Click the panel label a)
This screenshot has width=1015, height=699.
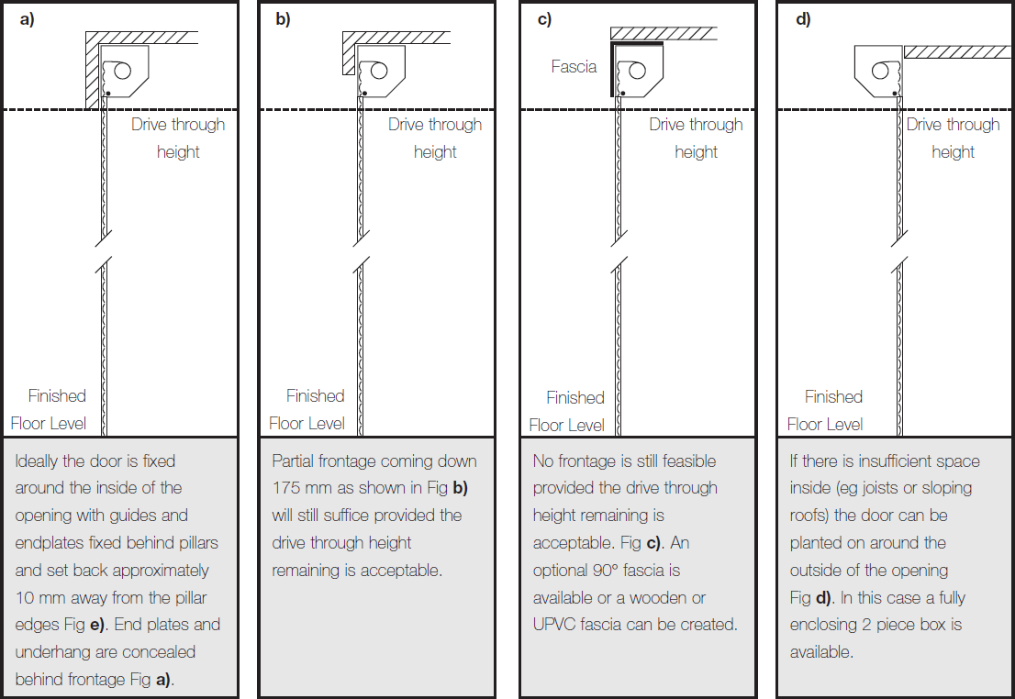[x=27, y=19]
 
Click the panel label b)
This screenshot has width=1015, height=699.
[x=283, y=19]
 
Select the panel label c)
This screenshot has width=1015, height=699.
[x=544, y=19]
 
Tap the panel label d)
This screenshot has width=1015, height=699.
[x=803, y=19]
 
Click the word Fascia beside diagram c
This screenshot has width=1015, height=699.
[x=574, y=67]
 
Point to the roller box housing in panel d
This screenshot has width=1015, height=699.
[x=878, y=71]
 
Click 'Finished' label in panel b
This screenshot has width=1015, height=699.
[x=315, y=396]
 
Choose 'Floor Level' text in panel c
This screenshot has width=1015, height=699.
[x=567, y=425]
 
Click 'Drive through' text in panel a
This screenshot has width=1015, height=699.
[x=178, y=125]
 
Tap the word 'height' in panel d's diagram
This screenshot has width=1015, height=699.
[x=953, y=152]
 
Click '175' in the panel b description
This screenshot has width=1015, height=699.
[x=287, y=488]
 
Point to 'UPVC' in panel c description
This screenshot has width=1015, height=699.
[x=553, y=625]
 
